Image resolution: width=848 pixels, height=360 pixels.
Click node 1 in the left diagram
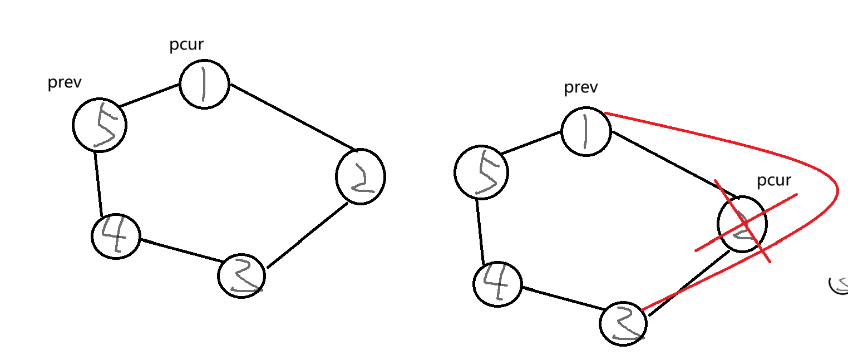204,84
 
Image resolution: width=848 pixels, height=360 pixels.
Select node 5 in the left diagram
100,125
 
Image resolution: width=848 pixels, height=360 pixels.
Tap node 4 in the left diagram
116,236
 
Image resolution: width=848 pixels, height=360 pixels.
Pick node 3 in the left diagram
241,276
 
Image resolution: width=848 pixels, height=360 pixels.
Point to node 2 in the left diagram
361,176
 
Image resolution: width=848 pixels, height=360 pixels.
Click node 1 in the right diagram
586,132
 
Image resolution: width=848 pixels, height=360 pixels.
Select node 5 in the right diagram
481,172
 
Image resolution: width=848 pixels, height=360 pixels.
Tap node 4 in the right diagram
497,283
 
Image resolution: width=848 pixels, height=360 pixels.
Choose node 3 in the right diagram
623,323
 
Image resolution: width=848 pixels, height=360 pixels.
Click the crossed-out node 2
742,224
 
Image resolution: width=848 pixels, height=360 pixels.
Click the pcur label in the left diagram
186,45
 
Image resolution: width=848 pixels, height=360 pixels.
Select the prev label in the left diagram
65,83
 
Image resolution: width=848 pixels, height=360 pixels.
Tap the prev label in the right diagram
581,87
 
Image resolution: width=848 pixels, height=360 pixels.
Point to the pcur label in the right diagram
774,181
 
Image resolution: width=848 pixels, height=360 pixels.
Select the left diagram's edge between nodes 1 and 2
293,117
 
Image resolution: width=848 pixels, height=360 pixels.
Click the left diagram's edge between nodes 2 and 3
307,235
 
